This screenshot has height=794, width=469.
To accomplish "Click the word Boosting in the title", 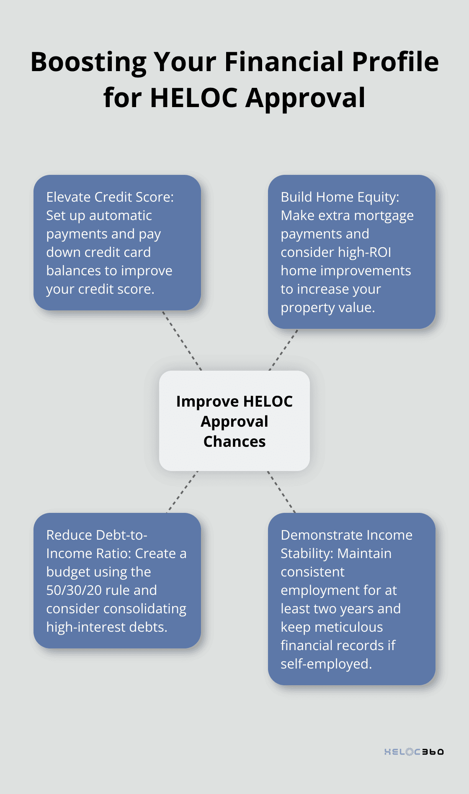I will pos(88,62).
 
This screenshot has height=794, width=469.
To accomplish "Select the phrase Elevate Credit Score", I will pos(109,197).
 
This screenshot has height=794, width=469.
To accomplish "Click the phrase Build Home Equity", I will pos(340,197).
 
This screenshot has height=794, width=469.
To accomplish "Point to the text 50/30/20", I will pos(74,590).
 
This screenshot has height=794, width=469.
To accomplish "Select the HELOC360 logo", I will pos(414,752).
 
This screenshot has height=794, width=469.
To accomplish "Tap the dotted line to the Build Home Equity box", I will pos(283,350).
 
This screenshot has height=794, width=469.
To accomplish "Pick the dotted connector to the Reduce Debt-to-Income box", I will pos(183,492).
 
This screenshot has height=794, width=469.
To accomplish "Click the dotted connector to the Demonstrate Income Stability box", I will pos(281,492).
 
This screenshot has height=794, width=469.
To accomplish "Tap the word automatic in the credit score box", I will pos(120,215).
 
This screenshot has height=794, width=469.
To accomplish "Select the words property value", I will pos(327,307).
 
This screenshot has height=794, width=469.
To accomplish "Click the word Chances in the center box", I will pos(234,442).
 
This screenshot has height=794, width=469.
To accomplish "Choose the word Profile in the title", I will pos(395,62).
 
